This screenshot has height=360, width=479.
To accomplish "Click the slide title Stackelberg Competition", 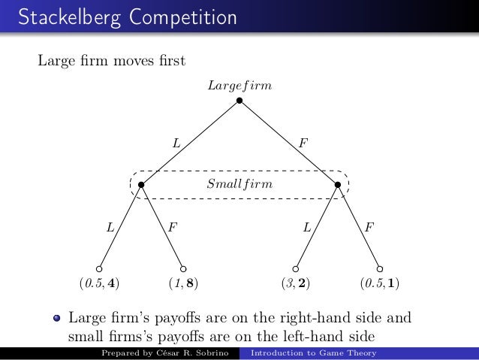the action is point(119,16).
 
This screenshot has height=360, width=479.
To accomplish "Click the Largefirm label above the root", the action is point(239,86).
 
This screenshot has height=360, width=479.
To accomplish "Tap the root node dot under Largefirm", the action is point(239,100).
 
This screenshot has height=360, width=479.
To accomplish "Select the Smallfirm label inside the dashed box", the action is point(239,183).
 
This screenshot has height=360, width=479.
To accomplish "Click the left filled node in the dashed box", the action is point(141,184).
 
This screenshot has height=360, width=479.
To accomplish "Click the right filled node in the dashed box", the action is point(338,184).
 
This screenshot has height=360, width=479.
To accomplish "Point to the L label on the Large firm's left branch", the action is point(176,141).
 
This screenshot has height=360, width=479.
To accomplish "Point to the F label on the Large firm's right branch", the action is point(303,141).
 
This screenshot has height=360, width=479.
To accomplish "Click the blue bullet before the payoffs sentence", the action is point(56,316).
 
